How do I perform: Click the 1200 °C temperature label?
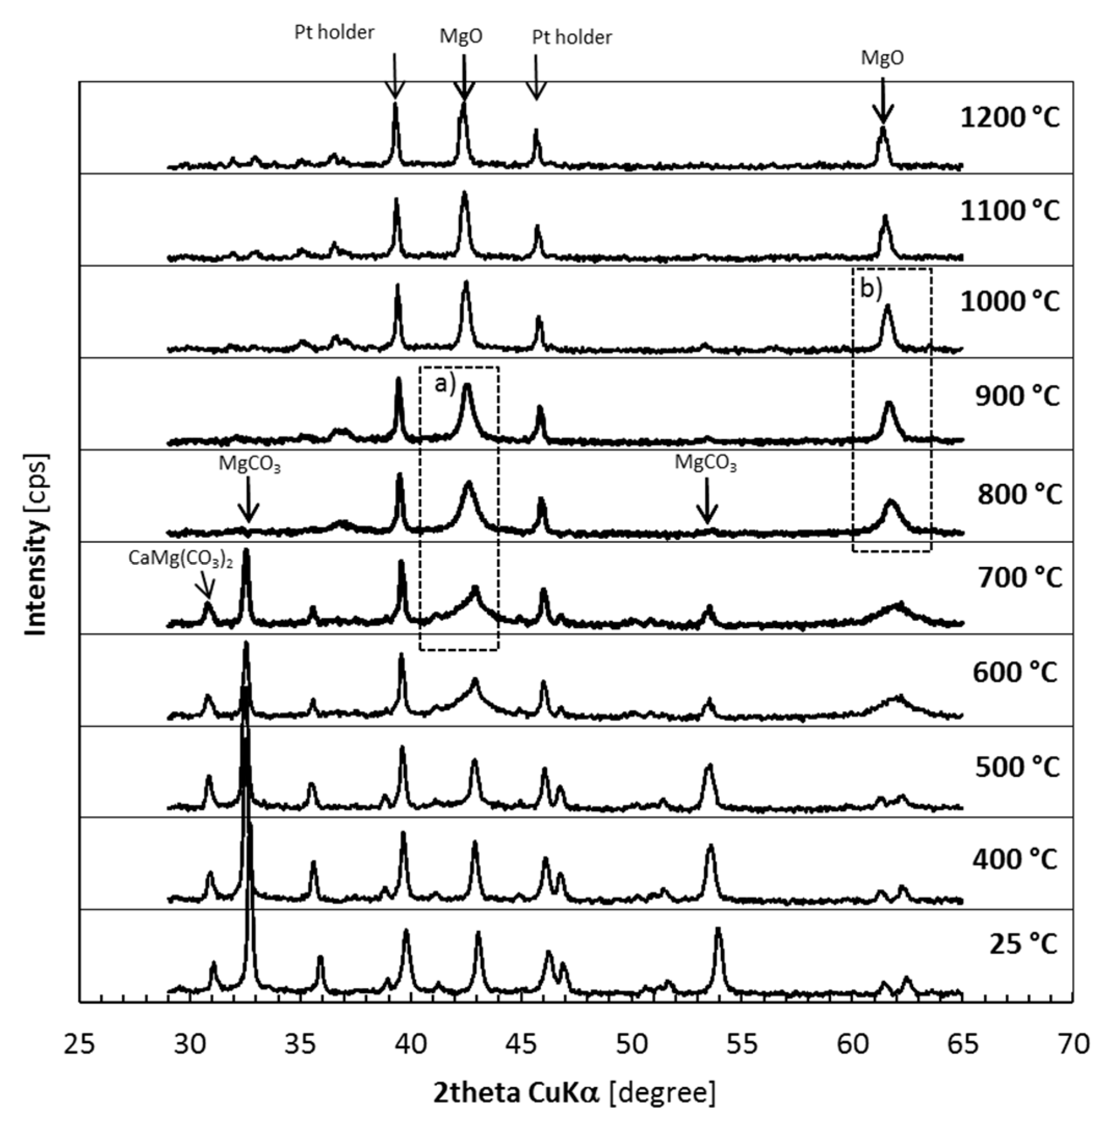1010,118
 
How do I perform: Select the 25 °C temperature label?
1023,945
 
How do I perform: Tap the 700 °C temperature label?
1019,577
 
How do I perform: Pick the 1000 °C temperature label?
1010,301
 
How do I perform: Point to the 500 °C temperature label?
1017,767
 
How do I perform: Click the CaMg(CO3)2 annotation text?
180,559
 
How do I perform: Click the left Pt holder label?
334,32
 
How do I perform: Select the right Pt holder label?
571,37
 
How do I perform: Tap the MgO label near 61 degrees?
882,58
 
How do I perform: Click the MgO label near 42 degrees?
461,36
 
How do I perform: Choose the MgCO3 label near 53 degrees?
705,463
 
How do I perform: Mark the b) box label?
871,289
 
